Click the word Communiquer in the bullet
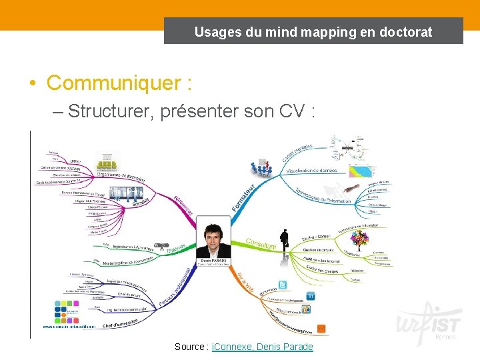pyautogui.click(x=117, y=83)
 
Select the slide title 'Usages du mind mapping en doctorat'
pyautogui.click(x=313, y=31)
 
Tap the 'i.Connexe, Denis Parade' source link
pyautogui.click(x=262, y=347)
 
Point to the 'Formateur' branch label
pyautogui.click(x=243, y=197)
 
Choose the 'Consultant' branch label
pyautogui.click(x=261, y=244)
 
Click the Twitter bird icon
pyautogui.click(x=282, y=285)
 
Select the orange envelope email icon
pyautogui.click(x=321, y=328)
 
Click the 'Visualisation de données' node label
pyautogui.click(x=313, y=171)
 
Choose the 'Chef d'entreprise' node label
pyautogui.click(x=121, y=323)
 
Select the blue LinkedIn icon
pyautogui.click(x=310, y=295)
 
